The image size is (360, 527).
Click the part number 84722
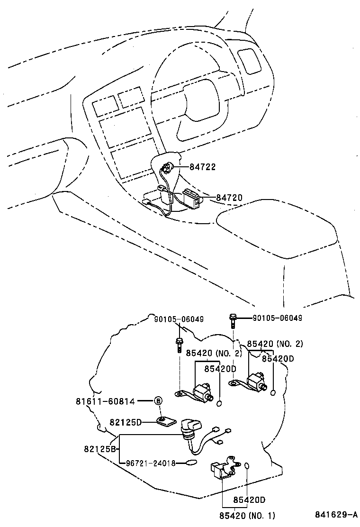[202, 167]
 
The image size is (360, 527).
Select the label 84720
[229, 197]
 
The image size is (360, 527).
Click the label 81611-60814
[105, 401]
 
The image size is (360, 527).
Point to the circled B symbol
[158, 401]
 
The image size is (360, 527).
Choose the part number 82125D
[126, 422]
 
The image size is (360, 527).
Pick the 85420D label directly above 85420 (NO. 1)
[249, 500]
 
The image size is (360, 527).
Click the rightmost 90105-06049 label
[277, 318]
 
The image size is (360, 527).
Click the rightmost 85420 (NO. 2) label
[275, 344]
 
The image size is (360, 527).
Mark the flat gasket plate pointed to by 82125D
[165, 421]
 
